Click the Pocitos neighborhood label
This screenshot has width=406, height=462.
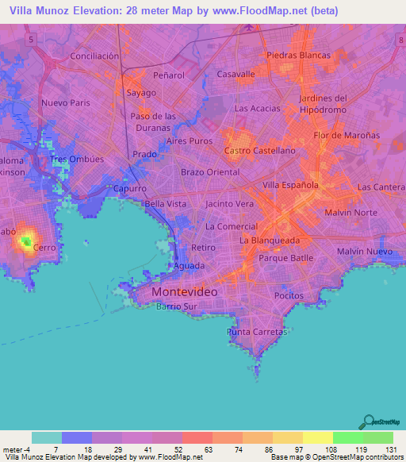[289, 295]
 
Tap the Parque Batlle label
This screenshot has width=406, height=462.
[286, 258]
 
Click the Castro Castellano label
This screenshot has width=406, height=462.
[260, 150]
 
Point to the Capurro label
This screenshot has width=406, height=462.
[130, 189]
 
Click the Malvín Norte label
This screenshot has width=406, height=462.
[351, 213]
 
